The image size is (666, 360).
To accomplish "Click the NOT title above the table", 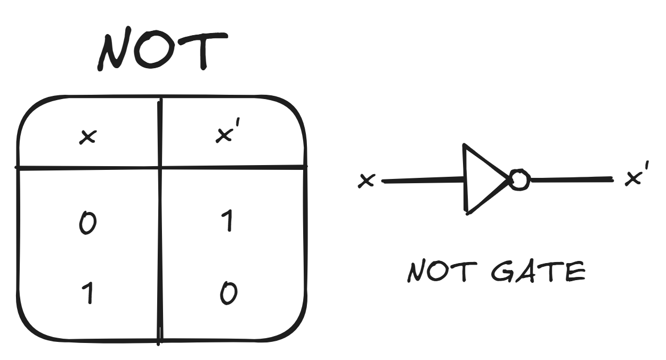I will [163, 52].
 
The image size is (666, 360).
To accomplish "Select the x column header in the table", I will [87, 137].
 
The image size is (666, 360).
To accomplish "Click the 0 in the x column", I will [87, 224].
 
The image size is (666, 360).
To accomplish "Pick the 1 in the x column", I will [88, 293].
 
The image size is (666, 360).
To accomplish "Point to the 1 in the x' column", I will [228, 221].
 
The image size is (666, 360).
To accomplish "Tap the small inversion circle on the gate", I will [519, 180].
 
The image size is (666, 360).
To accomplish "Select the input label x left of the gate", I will [367, 181].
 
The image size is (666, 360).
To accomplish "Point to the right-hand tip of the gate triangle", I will [509, 180].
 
